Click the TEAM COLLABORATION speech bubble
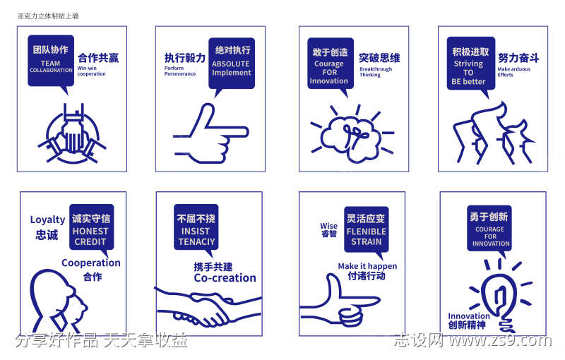(51, 61)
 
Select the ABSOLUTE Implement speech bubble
(231, 62)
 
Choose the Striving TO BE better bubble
(470, 63)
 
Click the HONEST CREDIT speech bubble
(90, 227)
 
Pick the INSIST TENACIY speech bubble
(196, 227)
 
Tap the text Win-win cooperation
(91, 71)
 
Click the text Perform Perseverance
(180, 71)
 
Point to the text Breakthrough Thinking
(376, 72)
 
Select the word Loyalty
(47, 220)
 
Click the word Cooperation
(91, 263)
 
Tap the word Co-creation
(225, 278)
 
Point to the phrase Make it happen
(367, 266)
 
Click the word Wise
(328, 227)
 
